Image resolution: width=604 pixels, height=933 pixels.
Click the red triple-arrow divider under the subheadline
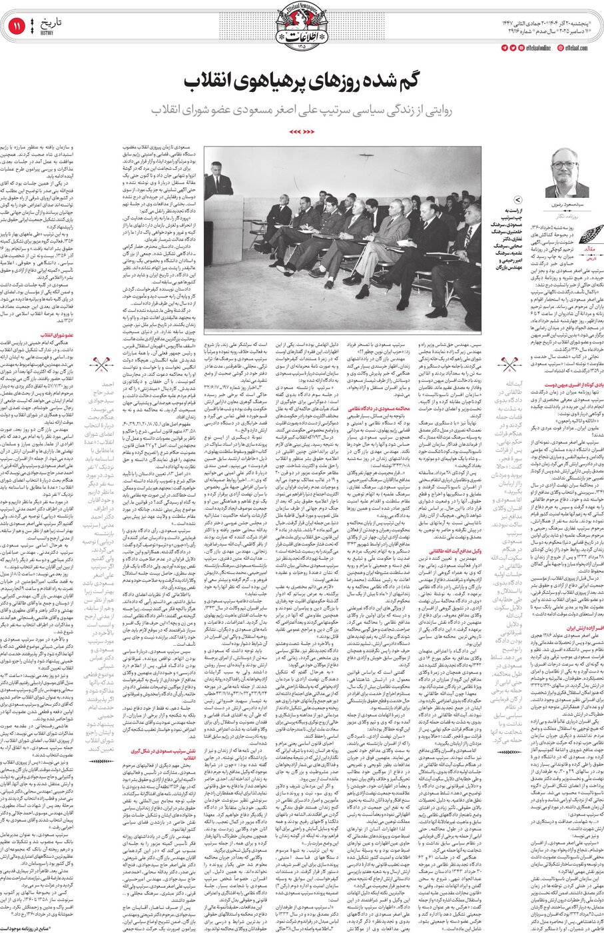coord(302,131)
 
